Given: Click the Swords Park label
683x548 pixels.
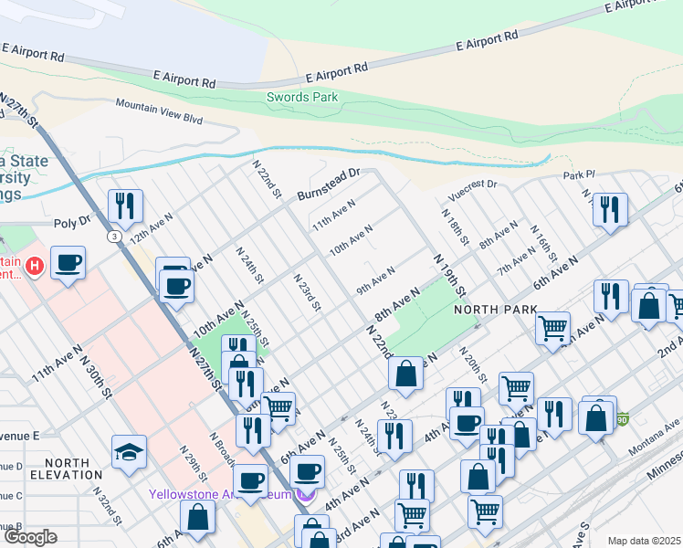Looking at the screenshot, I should click(x=301, y=97).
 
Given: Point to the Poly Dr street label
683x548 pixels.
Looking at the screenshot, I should click(x=73, y=221).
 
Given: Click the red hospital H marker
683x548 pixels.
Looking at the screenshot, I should click(x=35, y=266).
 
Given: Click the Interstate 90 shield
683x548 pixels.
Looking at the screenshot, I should click(x=622, y=419).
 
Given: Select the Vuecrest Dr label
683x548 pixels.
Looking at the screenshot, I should click(x=472, y=188).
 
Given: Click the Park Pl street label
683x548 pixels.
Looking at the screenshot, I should click(x=578, y=174).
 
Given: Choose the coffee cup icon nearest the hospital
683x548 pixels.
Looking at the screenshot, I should click(x=68, y=263).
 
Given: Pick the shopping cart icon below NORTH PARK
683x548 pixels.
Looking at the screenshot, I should click(x=552, y=326).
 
